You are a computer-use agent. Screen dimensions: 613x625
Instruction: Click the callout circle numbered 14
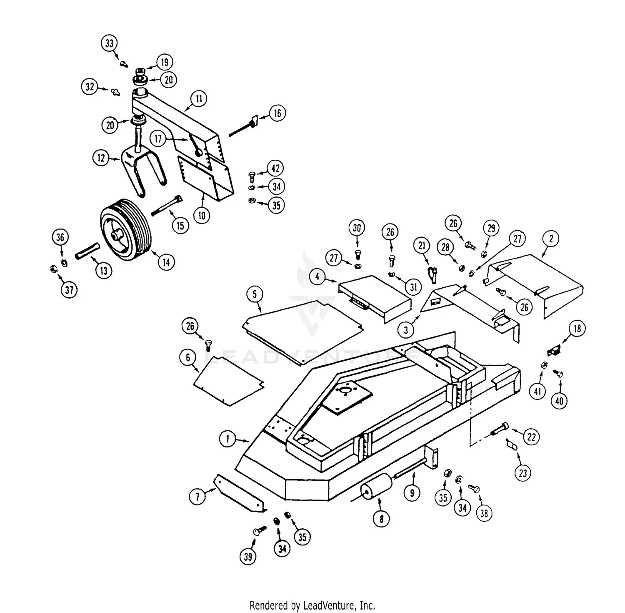[x=166, y=262]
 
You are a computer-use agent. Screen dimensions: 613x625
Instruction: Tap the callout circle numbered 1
[x=228, y=439]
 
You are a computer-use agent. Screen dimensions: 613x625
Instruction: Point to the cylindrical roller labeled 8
[x=377, y=488]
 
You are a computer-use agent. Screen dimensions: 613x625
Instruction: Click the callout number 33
[x=109, y=43]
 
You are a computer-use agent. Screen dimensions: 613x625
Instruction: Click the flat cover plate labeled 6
[x=229, y=379]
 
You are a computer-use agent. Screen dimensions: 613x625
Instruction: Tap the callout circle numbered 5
[x=255, y=294]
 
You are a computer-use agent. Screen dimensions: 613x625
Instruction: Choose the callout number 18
[x=577, y=329]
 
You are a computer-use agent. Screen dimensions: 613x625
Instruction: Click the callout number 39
[x=248, y=556]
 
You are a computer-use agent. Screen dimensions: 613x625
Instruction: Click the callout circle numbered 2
[x=551, y=239]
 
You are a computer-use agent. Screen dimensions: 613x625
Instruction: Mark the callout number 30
[x=357, y=228]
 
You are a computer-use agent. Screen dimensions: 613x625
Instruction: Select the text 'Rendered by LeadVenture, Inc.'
[x=312, y=605]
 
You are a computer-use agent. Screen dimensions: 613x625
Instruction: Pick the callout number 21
[x=422, y=246]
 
